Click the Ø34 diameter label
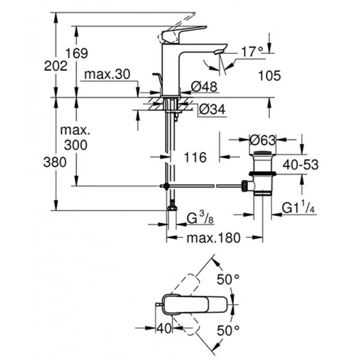212,109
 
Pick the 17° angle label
252,52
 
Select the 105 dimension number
270,75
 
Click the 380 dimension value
55,162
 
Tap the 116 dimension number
194,157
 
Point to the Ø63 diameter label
262,141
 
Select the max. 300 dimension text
75,138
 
